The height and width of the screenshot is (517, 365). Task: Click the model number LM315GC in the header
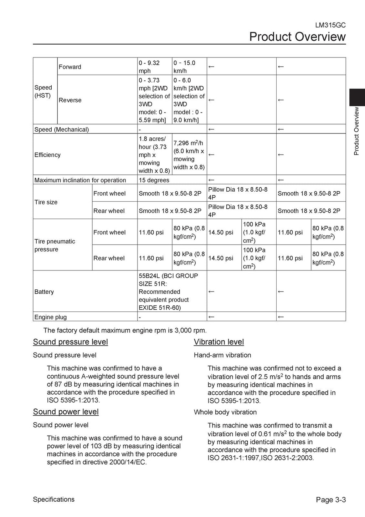point(330,25)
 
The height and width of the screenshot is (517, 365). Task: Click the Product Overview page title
point(297,37)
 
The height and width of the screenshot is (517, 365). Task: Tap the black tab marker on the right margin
point(357,97)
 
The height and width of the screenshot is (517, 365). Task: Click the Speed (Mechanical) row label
point(61,129)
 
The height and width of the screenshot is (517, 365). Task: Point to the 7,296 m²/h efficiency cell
point(189,155)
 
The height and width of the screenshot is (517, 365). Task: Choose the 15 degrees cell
point(154,180)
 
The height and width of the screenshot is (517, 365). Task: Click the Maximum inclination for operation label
point(80,180)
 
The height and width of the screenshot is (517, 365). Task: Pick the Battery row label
point(44,292)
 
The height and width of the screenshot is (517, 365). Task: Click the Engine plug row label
point(51,317)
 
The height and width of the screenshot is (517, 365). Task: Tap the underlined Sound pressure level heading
point(70,342)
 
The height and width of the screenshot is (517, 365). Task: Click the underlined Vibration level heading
point(219,342)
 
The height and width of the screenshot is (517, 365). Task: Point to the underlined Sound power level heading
point(66,412)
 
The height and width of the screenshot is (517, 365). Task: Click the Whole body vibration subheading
point(225,412)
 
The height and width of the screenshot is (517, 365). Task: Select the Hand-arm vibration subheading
point(222,355)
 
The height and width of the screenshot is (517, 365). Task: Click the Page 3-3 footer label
point(331,500)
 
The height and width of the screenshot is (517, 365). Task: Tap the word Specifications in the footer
point(54,499)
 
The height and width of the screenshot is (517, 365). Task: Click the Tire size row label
point(46,202)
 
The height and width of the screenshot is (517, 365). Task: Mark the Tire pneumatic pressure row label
point(55,245)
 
